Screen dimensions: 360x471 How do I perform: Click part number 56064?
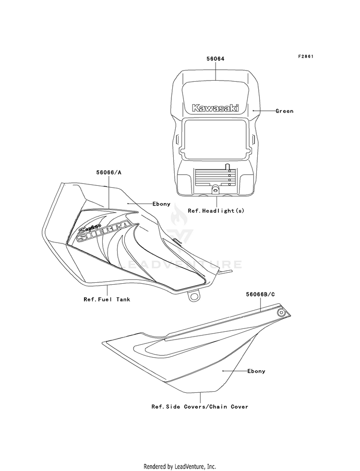[215, 59]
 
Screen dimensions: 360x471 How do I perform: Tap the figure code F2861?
[306, 57]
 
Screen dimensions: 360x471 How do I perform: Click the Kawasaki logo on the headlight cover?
[216, 108]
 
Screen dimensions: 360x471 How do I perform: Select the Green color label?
[284, 111]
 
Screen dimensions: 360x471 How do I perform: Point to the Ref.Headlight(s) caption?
[216, 211]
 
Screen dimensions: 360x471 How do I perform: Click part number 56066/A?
[108, 173]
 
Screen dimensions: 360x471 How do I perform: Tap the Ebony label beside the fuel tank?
[161, 204]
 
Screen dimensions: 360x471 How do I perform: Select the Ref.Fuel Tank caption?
[107, 300]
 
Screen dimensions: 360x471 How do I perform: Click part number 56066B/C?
[260, 295]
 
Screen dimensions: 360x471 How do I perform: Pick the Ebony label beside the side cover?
[256, 371]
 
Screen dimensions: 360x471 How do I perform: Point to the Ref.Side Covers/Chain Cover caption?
[200, 407]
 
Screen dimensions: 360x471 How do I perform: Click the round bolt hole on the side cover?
[281, 313]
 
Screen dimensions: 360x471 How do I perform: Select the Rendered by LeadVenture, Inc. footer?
[180, 467]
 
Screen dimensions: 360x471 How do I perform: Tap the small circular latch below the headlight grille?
[215, 190]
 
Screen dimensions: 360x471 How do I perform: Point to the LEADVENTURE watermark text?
[180, 265]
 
